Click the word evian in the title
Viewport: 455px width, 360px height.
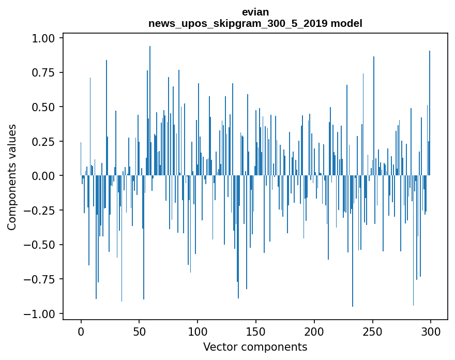(x=255, y=12)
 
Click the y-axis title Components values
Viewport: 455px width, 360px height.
(x=12, y=177)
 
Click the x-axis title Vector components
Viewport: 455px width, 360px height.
(x=255, y=347)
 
